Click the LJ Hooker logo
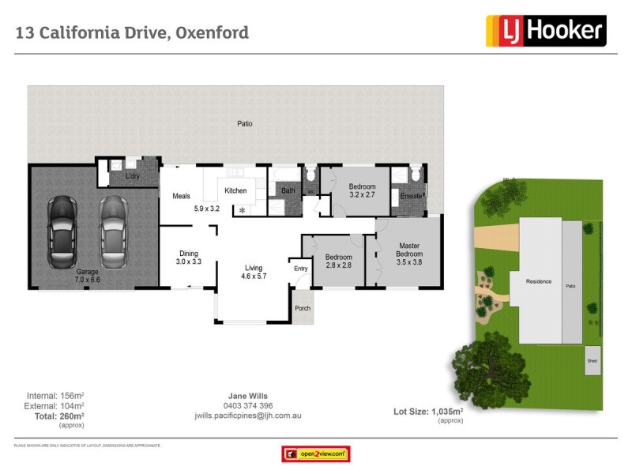click(544, 31)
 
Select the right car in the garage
click(113, 232)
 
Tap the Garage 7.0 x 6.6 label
click(88, 275)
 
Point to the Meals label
click(171, 196)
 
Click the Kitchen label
click(235, 190)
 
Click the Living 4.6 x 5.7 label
click(254, 272)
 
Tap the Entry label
click(300, 269)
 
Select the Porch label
click(302, 309)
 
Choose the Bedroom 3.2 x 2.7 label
click(363, 190)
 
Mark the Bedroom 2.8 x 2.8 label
click(340, 261)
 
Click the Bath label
click(288, 190)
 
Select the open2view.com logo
click(316, 454)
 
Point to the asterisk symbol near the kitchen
click(243, 210)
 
